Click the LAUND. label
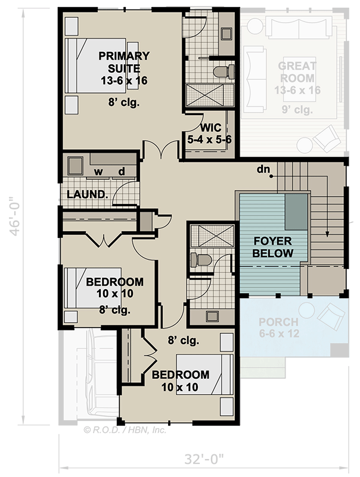tap(87, 194)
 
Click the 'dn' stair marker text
tap(263, 169)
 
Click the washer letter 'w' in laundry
tap(98, 172)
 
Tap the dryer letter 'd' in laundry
tap(121, 172)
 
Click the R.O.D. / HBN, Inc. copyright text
tap(125, 428)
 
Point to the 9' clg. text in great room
tap(297, 109)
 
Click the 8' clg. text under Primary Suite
tap(124, 102)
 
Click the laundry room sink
tap(76, 165)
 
